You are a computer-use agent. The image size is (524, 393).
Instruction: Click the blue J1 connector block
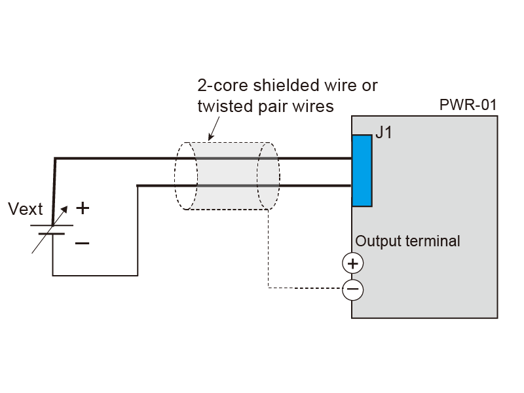(362, 170)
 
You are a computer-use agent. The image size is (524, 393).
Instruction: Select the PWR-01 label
(469, 105)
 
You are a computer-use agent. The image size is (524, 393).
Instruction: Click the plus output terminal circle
(353, 263)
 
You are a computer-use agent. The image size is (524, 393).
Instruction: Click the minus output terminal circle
(353, 290)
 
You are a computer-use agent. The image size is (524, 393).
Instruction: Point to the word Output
(375, 241)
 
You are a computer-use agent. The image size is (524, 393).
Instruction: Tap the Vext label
(25, 210)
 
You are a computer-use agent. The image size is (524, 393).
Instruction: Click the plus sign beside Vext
(82, 208)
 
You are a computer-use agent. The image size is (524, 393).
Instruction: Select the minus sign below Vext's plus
(82, 243)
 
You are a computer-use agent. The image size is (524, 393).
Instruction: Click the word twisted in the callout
(221, 105)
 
